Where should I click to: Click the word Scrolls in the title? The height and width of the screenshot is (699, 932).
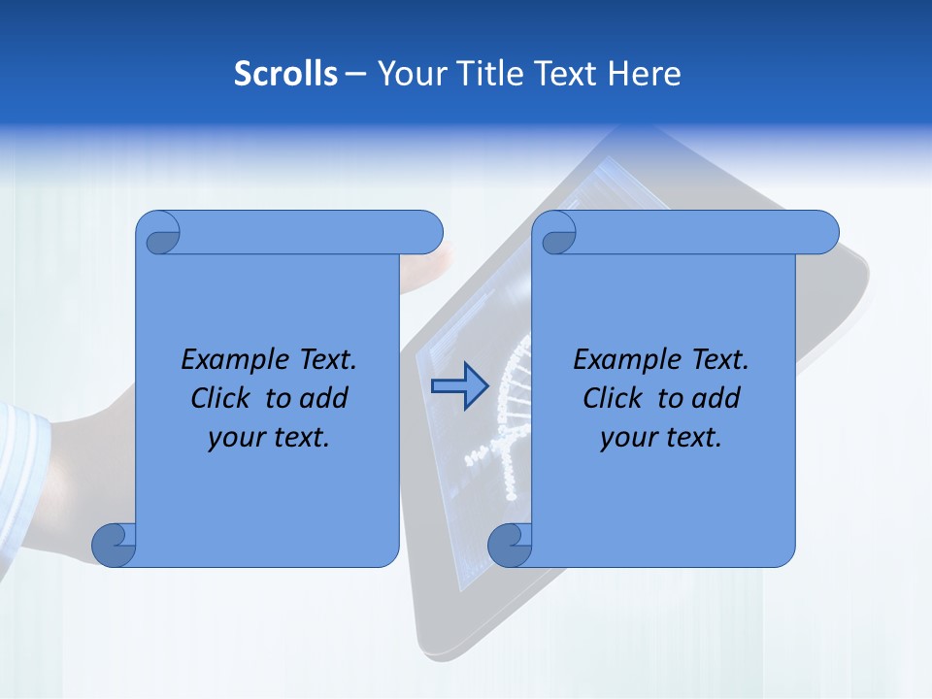pos(285,74)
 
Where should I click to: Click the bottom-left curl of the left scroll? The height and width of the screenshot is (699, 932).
pos(113,545)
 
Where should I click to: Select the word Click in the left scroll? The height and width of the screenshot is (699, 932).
pos(222,398)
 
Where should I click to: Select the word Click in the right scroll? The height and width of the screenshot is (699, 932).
pos(615,398)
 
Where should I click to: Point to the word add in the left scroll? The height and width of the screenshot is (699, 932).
pos(326,398)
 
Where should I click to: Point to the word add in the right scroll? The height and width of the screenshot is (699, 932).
pos(718,398)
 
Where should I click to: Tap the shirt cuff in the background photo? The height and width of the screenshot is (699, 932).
pos(26,456)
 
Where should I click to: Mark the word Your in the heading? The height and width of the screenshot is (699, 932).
pos(406,74)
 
